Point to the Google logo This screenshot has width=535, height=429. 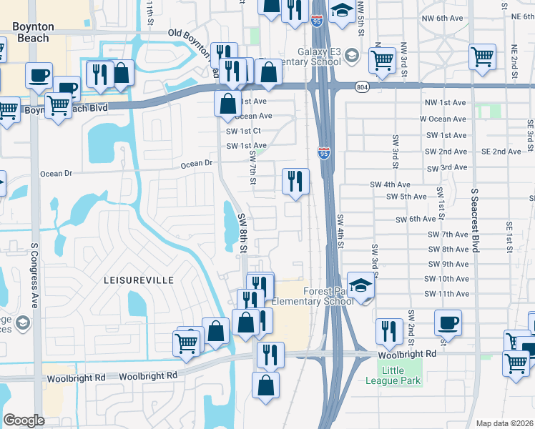coord(24,420)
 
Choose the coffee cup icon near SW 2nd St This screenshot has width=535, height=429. coord(448,322)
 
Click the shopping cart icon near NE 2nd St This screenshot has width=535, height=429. coord(482,56)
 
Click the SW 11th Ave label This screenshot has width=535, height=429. coord(448,294)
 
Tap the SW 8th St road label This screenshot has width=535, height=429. coord(242,233)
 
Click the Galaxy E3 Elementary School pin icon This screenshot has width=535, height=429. coord(352,54)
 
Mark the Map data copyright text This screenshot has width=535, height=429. coord(504,423)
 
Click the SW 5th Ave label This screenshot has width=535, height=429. coord(406,197)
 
